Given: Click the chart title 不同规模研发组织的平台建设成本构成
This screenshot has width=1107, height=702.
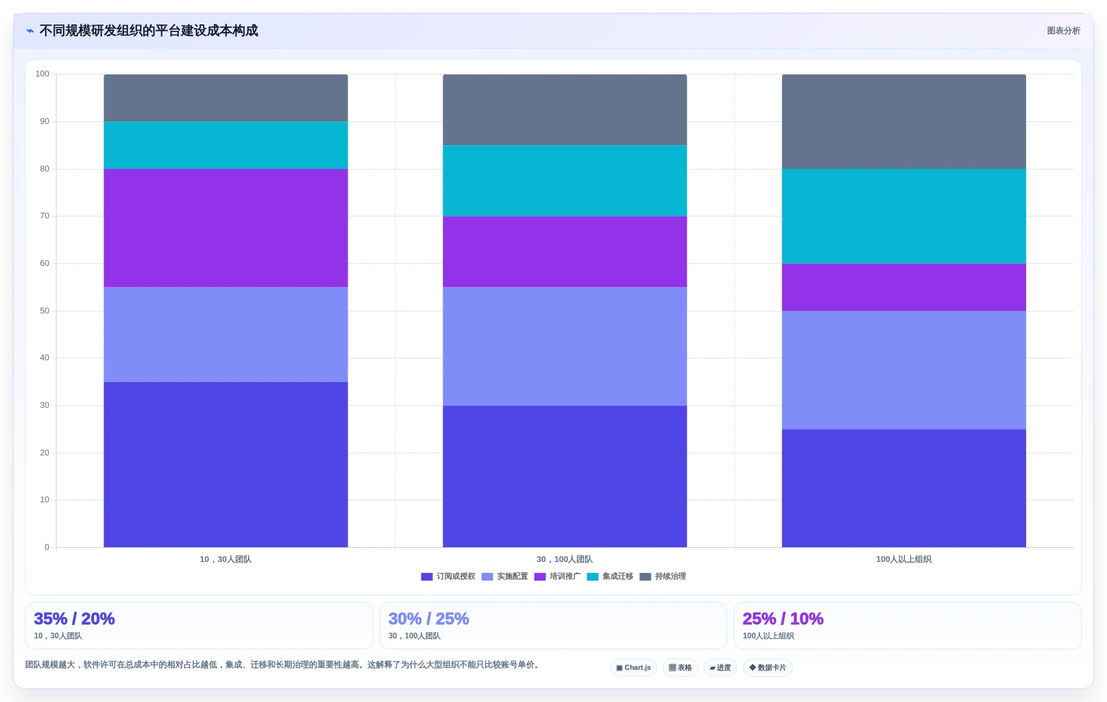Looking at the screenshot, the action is coord(148,31).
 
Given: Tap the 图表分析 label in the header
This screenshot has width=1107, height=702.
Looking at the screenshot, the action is coord(1063,31).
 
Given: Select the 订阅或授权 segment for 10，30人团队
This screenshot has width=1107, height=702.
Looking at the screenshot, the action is coord(226,464).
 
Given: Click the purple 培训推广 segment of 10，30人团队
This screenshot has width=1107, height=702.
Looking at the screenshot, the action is coord(226,228).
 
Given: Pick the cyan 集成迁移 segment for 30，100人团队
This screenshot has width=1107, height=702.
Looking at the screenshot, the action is coord(565,180).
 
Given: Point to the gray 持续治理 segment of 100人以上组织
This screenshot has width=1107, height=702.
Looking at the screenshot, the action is coord(903,121).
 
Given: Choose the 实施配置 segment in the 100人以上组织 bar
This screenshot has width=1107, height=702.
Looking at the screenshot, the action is coord(903,370).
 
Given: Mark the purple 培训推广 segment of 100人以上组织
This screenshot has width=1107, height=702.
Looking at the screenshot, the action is coord(903,287).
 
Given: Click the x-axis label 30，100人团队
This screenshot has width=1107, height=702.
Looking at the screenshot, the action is coord(565,559).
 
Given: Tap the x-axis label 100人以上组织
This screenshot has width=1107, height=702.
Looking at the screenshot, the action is coord(903,559).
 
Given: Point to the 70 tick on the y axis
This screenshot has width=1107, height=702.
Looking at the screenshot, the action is coord(44,216).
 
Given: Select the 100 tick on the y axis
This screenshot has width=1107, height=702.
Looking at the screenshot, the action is coord(42,74).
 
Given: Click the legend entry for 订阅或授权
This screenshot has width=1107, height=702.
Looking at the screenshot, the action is coord(448,576).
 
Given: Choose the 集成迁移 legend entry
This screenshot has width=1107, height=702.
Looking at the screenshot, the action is coord(610,576).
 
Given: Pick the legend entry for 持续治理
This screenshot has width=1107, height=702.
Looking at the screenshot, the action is coord(662,576).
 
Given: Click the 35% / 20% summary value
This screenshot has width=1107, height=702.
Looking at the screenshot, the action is coord(75,619).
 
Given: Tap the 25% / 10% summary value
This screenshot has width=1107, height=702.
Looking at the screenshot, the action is coord(783,619).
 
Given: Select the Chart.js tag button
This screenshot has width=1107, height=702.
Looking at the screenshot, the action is coord(633,667).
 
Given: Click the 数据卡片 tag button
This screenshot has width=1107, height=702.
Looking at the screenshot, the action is coord(768,667).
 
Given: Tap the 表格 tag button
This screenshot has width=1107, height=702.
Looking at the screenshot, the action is coord(680,667).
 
